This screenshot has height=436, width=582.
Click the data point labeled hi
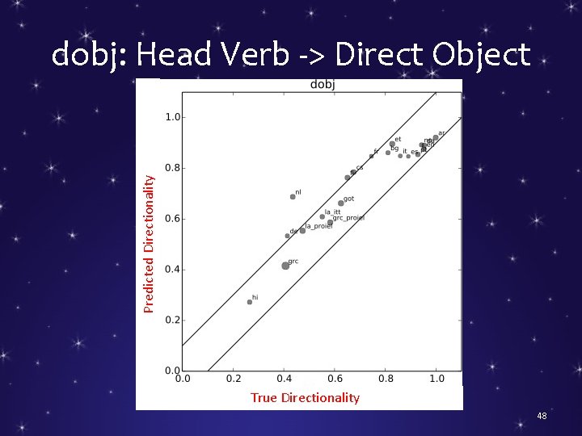(250, 302)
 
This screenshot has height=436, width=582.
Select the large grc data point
(285, 266)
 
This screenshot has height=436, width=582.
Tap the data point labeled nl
(293, 196)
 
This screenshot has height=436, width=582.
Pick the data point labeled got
(341, 203)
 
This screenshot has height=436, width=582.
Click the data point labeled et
(392, 144)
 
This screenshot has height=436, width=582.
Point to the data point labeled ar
(436, 138)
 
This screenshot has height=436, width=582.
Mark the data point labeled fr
(372, 156)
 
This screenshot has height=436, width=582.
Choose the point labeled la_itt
(323, 216)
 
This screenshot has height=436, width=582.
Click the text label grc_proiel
(348, 218)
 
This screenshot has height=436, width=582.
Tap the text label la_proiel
(318, 226)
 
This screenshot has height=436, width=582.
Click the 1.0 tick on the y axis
(172, 117)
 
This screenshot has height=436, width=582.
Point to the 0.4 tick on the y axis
(172, 270)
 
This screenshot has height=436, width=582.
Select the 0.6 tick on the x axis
(335, 378)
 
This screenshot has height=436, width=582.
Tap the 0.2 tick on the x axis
(233, 378)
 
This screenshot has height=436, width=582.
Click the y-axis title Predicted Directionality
(149, 244)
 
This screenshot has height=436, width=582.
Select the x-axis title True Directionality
(305, 397)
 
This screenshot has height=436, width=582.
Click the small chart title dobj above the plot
(323, 84)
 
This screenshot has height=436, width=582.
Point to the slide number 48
(542, 416)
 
